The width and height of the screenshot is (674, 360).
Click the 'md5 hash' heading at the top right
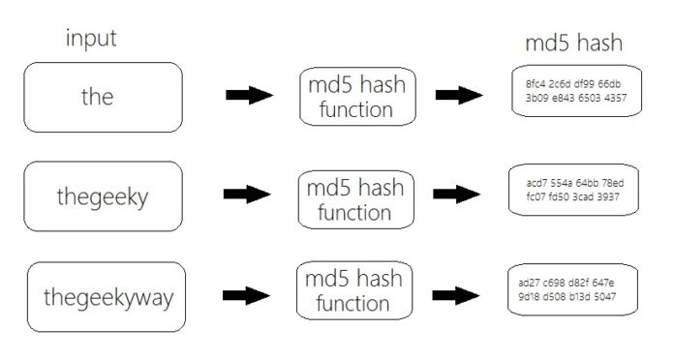tap(572, 43)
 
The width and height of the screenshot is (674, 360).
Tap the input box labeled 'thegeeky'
tap(103, 196)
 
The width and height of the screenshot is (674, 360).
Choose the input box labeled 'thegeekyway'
tap(107, 296)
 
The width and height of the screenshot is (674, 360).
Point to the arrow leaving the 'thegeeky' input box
tap(247, 195)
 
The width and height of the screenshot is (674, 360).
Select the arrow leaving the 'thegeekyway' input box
tap(246, 295)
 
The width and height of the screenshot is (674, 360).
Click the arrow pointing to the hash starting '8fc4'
tap(459, 95)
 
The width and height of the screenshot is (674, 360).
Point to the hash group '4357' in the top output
tap(616, 98)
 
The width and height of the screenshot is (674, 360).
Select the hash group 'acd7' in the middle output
tap(536, 183)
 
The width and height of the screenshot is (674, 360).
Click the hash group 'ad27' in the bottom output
tap(529, 283)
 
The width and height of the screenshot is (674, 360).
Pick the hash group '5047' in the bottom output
tap(606, 296)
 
